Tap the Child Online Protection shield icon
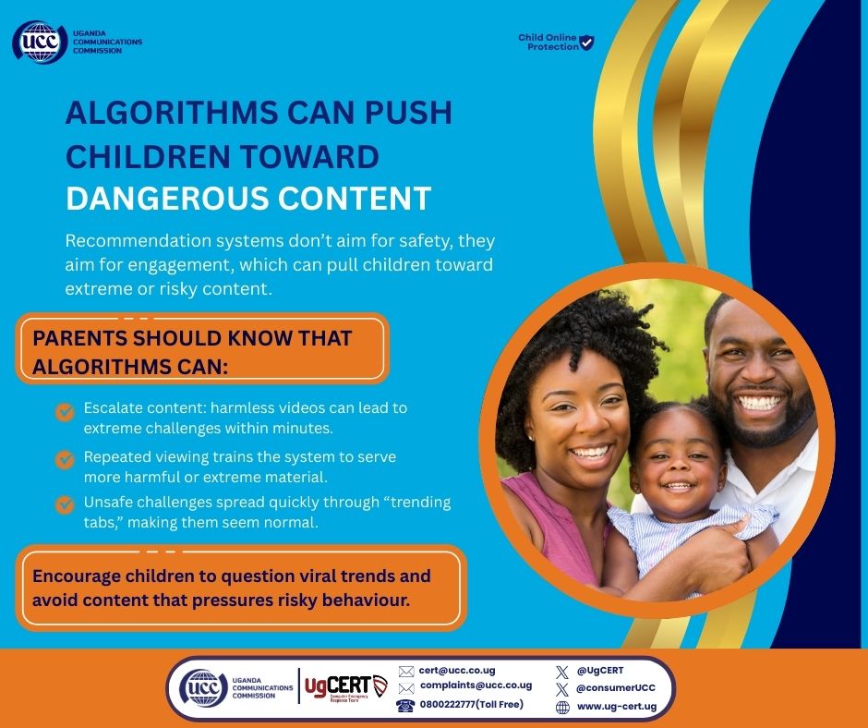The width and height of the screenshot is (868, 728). point(585,42)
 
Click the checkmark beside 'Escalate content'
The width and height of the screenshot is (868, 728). point(65,412)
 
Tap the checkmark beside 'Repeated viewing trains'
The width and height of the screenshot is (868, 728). point(65,459)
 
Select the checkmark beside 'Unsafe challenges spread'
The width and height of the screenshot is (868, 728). point(65,504)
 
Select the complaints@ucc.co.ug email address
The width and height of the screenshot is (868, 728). point(476,686)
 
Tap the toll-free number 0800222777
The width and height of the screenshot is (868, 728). point(472,705)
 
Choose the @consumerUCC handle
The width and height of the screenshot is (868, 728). point(615,688)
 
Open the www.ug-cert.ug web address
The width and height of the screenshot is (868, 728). point(616,707)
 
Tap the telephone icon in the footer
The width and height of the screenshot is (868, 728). point(405,706)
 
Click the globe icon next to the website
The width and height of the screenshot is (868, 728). point(562,708)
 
